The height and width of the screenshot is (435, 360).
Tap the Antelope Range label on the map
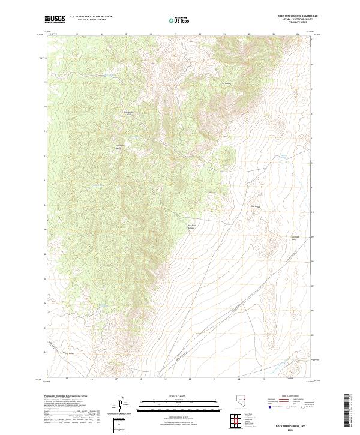point(119,146)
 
